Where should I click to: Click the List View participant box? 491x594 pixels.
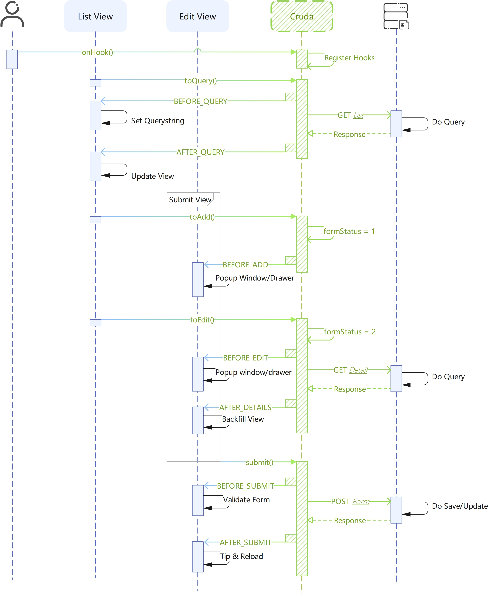tap(95, 16)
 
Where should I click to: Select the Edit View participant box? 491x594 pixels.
tap(197, 16)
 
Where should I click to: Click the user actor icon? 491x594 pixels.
tap(12, 15)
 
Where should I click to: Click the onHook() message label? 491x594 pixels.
tap(97, 52)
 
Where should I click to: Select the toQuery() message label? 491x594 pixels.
tap(201, 81)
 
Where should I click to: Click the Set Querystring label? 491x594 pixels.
tap(157, 121)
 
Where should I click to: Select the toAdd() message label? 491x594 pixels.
tap(202, 217)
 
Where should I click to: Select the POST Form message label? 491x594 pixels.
tap(350, 501)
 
